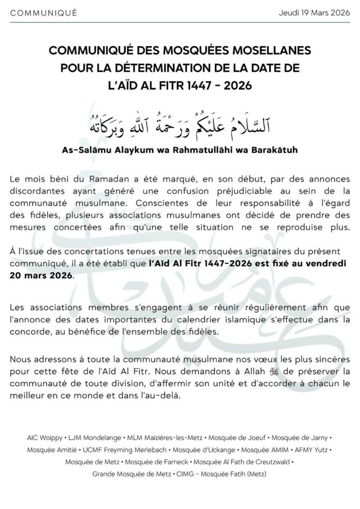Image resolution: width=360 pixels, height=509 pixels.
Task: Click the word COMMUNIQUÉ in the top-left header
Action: pyautogui.click(x=43, y=13)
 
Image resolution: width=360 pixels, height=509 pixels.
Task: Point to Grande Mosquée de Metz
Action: pyautogui.click(x=131, y=474)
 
